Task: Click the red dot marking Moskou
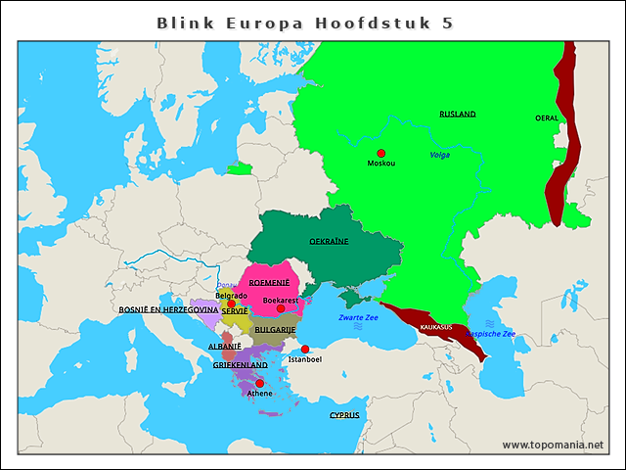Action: point(381,153)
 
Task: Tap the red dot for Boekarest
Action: point(281,308)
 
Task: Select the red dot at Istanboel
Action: point(304,350)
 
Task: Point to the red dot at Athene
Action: point(259,384)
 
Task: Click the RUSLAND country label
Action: point(457,115)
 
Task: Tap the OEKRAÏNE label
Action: point(329,240)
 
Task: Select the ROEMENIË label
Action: point(269,282)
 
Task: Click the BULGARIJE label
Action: point(275,330)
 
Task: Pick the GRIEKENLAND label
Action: point(240,364)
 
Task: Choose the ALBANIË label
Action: point(224,347)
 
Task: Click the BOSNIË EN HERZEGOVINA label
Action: point(168,309)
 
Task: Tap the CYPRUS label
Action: point(344,415)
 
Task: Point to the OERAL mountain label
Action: point(547,118)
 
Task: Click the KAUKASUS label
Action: point(435,327)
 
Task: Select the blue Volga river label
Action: point(440,155)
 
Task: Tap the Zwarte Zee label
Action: point(358,317)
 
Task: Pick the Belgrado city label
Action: point(231,295)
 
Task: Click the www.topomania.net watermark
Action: point(553,445)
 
